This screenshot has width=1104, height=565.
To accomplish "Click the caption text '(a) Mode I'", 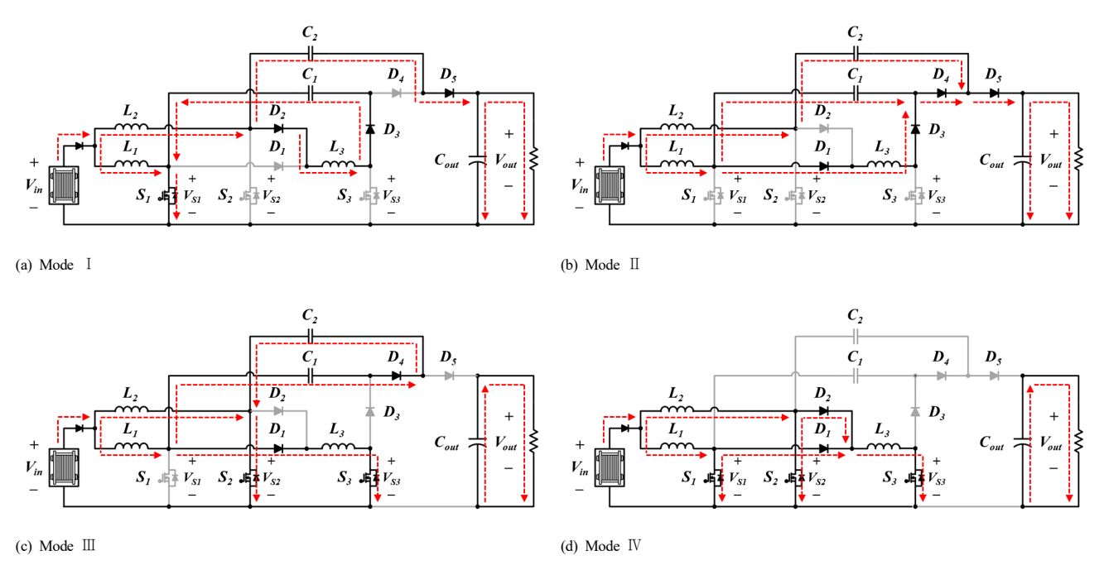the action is pyautogui.click(x=53, y=265).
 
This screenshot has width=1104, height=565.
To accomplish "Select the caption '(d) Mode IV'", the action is pyautogui.click(x=600, y=546).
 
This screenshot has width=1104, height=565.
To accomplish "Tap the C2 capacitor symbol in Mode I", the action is pyautogui.click(x=310, y=53).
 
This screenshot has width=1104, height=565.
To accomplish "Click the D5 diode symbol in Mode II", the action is pyautogui.click(x=994, y=93).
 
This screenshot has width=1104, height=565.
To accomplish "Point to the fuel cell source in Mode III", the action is pyautogui.click(x=64, y=467).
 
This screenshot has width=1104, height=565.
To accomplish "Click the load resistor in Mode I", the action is pyautogui.click(x=533, y=160).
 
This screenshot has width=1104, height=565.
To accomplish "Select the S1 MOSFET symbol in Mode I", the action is pyautogui.click(x=169, y=196).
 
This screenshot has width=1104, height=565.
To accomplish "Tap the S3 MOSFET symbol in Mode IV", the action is pyautogui.click(x=915, y=477).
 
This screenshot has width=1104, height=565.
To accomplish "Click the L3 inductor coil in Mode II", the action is pyautogui.click(x=883, y=164).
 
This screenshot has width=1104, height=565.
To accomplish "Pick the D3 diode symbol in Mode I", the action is pyautogui.click(x=370, y=129).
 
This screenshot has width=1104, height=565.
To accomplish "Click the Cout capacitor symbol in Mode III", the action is pyautogui.click(x=477, y=442).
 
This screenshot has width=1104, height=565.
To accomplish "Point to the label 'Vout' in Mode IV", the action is pyautogui.click(x=1050, y=442).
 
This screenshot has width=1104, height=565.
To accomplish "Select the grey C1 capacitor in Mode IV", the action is pyautogui.click(x=856, y=376).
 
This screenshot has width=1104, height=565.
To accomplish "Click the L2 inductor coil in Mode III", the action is pyautogui.click(x=131, y=409).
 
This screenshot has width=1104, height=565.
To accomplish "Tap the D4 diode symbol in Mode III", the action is pyautogui.click(x=396, y=376).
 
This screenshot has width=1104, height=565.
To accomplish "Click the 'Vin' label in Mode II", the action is pyautogui.click(x=579, y=186).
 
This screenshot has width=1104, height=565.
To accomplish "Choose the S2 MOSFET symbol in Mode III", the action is pyautogui.click(x=250, y=477).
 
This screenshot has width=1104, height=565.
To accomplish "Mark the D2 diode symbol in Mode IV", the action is pyautogui.click(x=823, y=410).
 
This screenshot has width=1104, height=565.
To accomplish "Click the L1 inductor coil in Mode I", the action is pyautogui.click(x=131, y=164).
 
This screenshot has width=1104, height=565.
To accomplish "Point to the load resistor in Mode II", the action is pyautogui.click(x=1078, y=160).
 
